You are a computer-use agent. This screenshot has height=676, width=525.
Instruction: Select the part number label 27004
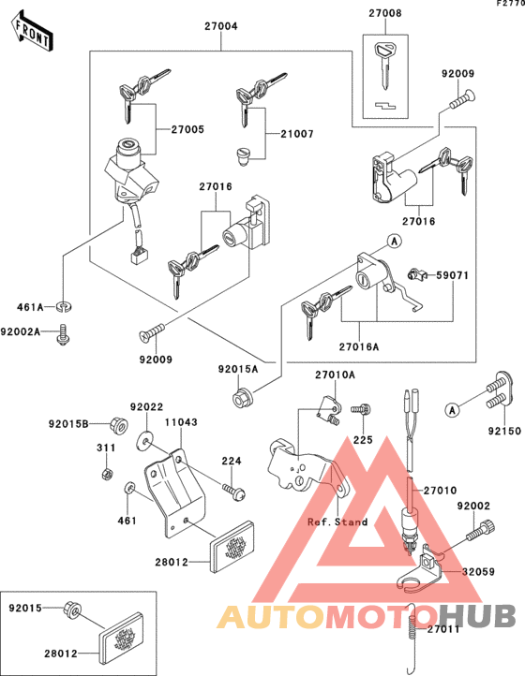pos(221,25)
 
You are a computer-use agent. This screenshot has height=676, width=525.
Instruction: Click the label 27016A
pos(359,345)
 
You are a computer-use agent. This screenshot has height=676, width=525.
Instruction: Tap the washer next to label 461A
pos(63,305)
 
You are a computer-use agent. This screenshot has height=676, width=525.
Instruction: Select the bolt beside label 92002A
pos(63,332)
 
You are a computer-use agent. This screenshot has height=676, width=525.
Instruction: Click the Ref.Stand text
pos(337,522)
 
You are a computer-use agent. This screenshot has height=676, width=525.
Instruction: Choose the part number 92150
pos(502,434)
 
